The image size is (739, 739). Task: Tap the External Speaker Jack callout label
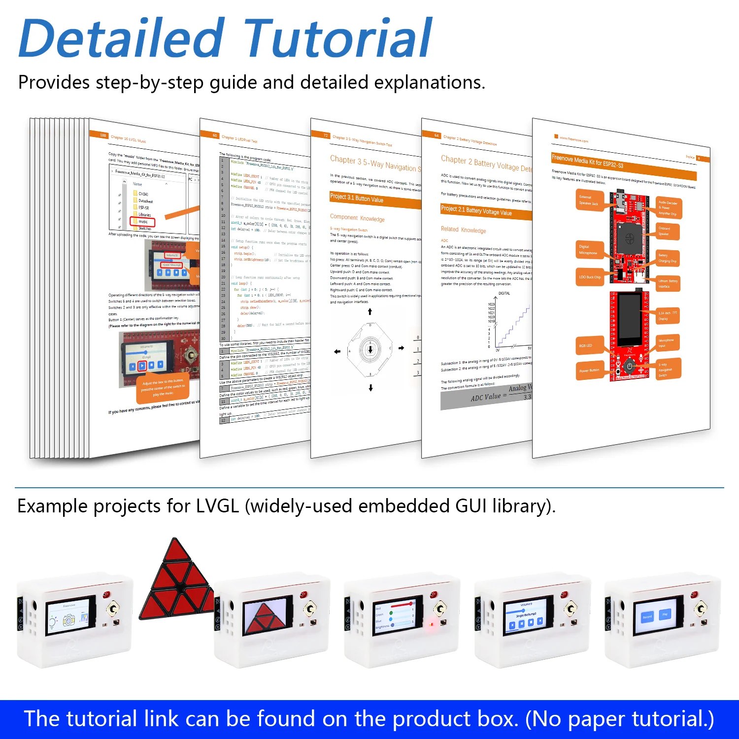coord(589,200)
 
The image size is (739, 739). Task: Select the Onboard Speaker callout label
coord(668,231)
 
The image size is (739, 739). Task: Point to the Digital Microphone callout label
coord(589,250)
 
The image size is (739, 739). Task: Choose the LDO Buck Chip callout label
coord(591,277)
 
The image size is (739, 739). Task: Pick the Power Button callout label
coord(590,370)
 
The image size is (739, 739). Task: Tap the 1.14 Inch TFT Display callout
coord(668,316)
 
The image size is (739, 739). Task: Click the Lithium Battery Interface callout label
coord(668,283)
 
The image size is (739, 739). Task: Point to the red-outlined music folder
coord(143,222)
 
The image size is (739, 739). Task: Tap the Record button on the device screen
coord(647,616)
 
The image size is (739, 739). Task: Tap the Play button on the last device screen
coord(665,614)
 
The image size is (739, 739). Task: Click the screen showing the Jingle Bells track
coord(526,616)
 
